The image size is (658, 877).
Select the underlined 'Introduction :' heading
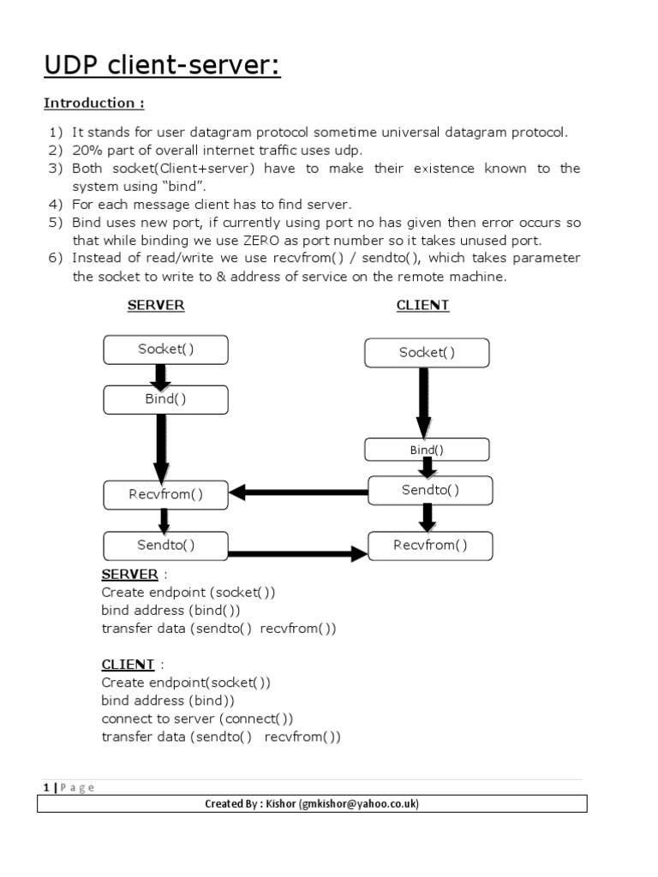(x=94, y=104)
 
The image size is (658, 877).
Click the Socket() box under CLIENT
(x=427, y=352)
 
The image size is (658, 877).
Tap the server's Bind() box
(x=165, y=399)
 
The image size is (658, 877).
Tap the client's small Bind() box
(x=427, y=450)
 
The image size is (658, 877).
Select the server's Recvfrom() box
(x=165, y=495)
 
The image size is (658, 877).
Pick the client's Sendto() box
(x=430, y=490)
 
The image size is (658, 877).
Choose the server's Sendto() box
(x=165, y=545)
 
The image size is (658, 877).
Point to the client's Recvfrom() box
(x=430, y=545)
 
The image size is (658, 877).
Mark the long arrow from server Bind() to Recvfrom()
(x=161, y=446)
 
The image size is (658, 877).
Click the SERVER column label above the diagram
(x=156, y=305)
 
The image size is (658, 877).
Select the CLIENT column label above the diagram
(x=423, y=305)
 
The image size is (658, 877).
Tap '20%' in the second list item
(x=87, y=150)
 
